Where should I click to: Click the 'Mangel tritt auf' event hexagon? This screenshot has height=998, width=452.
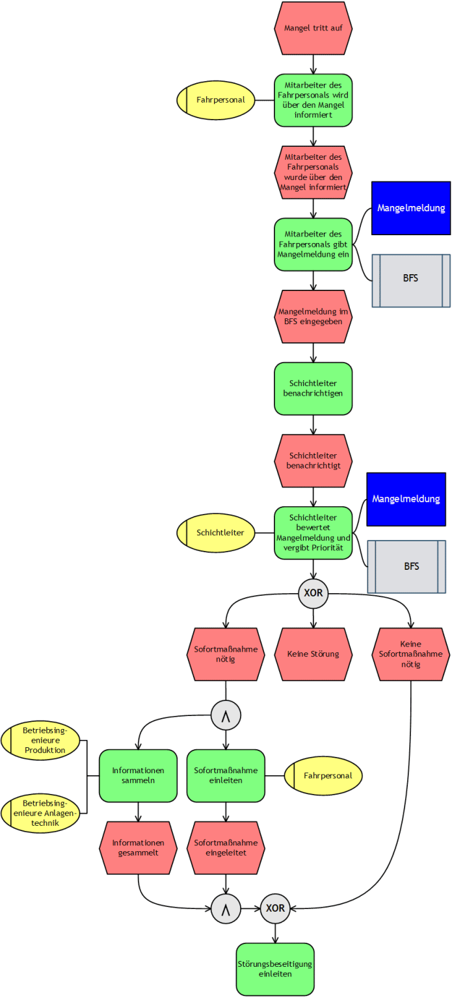tap(313, 29)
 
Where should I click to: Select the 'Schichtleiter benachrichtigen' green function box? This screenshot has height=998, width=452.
tap(313, 388)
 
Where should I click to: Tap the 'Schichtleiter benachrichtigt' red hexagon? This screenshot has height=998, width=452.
tap(313, 461)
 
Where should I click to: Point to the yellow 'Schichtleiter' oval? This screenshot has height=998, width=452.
tap(216, 533)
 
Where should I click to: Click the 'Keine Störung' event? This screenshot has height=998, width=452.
tap(313, 654)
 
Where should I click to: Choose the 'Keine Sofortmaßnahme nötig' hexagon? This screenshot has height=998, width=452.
tap(411, 654)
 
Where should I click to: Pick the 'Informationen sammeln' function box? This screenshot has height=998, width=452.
tap(138, 775)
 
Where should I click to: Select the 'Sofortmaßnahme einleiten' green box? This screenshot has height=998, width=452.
tap(226, 775)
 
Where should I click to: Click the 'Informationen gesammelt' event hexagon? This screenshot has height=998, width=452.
tap(138, 847)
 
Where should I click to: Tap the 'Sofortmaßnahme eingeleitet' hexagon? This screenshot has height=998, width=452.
tap(226, 847)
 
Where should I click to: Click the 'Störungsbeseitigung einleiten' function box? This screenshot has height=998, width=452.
tap(274, 969)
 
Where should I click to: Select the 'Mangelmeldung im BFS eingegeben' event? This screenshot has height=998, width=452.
tap(313, 316)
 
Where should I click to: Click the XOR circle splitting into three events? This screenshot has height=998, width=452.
tap(313, 593)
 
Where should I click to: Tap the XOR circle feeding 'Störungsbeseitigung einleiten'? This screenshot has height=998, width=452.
tap(275, 908)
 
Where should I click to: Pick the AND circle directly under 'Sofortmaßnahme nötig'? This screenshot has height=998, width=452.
tap(226, 715)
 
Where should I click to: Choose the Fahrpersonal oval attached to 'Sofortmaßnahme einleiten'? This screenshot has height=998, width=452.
tap(323, 775)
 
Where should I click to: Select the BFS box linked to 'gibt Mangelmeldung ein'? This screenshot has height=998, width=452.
tap(410, 279)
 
